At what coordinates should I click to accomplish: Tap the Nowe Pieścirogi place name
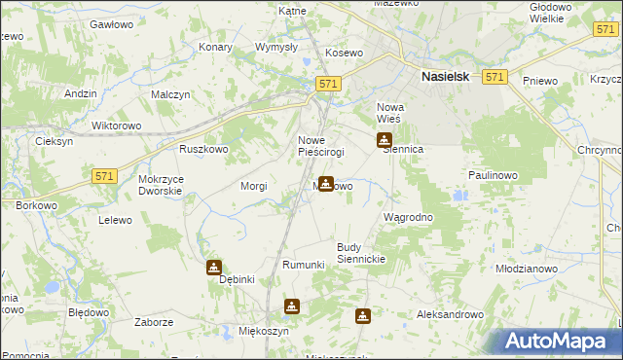[x=320, y=146]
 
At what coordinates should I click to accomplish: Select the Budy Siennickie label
[x=362, y=253]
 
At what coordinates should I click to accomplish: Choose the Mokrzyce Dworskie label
[x=161, y=185]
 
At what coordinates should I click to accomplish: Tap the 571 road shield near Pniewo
[x=495, y=77]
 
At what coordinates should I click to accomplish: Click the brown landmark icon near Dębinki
[x=214, y=268]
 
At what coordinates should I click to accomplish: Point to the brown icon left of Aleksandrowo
[x=363, y=316]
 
